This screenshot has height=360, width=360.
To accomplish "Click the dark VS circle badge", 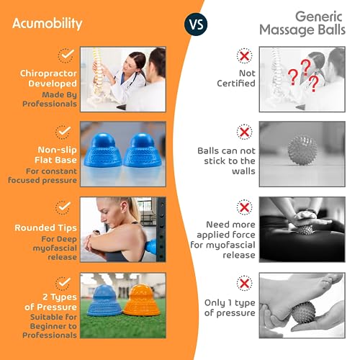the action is [196, 24].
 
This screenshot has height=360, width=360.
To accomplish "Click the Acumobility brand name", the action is [48, 24].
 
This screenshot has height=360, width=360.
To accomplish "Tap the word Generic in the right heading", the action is [318, 17].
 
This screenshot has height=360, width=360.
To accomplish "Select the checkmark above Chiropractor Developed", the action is [66, 55].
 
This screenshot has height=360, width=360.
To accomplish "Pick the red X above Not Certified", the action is [244, 56].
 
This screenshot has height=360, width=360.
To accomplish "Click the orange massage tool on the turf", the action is [141, 300].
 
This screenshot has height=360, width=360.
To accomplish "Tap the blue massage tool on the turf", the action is [104, 300].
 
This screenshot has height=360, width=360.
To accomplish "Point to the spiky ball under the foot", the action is [303, 312].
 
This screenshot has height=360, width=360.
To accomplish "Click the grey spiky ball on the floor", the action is [302, 150].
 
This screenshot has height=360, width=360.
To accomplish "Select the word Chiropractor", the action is [48, 73].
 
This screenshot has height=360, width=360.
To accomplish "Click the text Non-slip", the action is [57, 150].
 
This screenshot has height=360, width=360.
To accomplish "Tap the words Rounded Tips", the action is [45, 228].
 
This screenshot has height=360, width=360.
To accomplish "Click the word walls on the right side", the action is [243, 171].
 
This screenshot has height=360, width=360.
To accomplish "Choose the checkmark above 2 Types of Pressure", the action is [63, 283].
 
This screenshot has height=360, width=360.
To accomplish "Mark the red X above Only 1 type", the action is [244, 283].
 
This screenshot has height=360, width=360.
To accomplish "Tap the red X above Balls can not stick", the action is [244, 132].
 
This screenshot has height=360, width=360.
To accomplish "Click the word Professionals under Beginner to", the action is [50, 335].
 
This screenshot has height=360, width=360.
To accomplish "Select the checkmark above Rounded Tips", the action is [63, 207].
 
